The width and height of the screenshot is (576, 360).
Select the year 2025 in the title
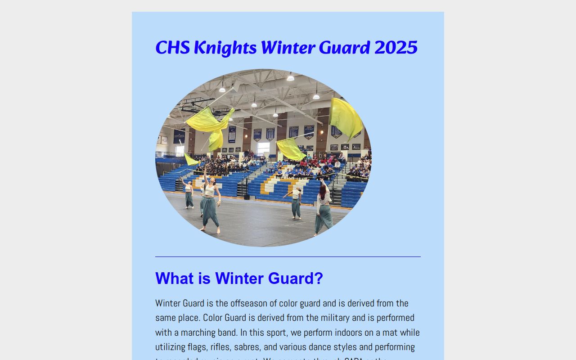click(x=396, y=48)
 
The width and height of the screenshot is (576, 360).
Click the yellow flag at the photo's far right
click(x=345, y=118)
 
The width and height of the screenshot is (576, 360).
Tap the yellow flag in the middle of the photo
click(x=291, y=149)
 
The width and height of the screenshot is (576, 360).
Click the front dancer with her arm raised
click(x=210, y=202)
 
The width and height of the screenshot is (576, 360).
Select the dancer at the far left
click(x=189, y=194)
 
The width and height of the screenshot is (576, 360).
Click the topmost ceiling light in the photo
click(x=290, y=78)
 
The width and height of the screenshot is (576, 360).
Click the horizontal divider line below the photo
click(x=288, y=256)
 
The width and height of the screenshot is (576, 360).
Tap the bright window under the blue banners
click(x=263, y=148)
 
